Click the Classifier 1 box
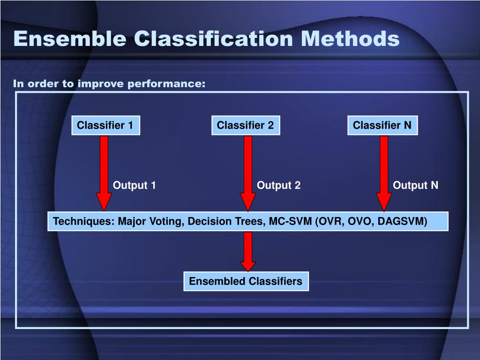point(105,125)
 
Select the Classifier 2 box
point(246,125)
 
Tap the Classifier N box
point(382,125)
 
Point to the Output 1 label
point(134,185)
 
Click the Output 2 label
point(278,185)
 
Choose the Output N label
point(415,185)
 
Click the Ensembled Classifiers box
point(246,281)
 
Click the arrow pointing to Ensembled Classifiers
point(248,251)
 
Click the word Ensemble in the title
point(70,38)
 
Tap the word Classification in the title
point(214,38)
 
